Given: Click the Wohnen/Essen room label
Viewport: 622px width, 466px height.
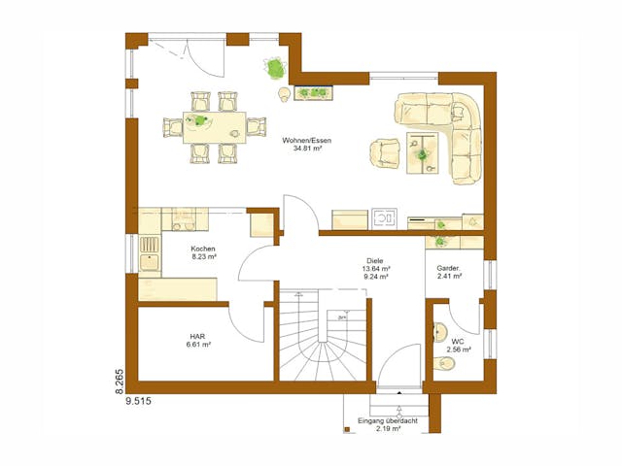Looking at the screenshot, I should tap(307, 141).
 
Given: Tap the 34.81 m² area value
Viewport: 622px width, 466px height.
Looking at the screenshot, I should tap(307, 150).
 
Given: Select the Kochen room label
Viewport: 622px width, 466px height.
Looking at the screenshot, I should tap(204, 250).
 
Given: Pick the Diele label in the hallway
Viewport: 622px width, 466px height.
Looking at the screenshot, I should tap(375, 260).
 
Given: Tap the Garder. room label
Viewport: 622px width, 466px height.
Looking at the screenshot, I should tap(448, 268).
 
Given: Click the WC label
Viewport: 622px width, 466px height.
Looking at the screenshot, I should tap(457, 341).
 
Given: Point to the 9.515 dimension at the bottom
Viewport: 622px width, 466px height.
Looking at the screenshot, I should tap(139, 399).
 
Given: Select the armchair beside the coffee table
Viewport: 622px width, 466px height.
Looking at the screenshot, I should tap(385, 151).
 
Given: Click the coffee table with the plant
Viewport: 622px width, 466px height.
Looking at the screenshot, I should tap(424, 151).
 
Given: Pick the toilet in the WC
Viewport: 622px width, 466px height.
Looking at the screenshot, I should tap(446, 364).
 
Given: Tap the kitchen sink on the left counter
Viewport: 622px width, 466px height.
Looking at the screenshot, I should tap(150, 253).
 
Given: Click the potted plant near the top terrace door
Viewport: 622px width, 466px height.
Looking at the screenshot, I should tap(274, 68).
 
